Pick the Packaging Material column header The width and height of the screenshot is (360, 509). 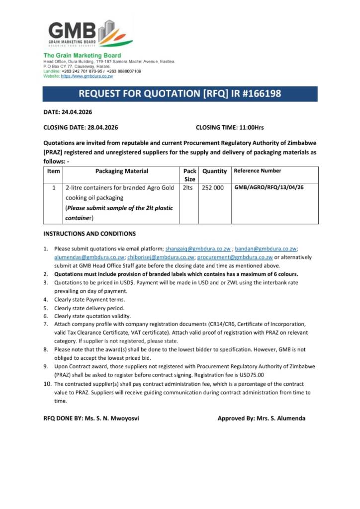[x=121, y=171]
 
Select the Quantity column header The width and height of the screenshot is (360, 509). [x=214, y=171]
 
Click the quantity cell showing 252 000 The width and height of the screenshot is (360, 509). [x=213, y=188]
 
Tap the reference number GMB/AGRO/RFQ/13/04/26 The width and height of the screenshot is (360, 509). [x=269, y=188]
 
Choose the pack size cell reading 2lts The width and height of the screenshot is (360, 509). [x=188, y=188]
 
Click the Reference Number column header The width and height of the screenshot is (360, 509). [x=257, y=171]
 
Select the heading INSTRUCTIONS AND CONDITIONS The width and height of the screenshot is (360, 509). [x=90, y=234]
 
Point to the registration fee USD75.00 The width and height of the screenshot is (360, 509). [x=249, y=375]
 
